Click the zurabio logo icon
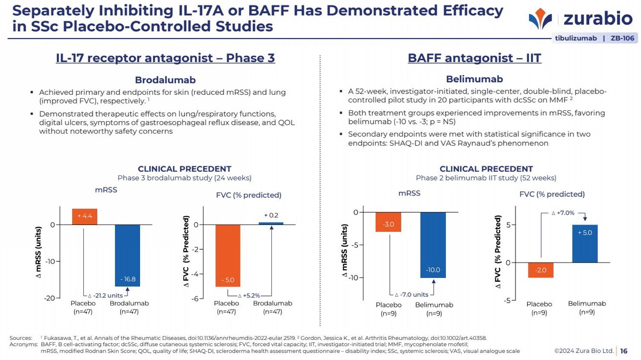tap(540, 19)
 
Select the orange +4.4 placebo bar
tap(85, 217)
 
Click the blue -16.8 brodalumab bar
tap(127, 255)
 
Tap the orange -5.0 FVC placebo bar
tap(228, 255)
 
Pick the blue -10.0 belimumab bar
tap(433, 245)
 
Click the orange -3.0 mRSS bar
tap(388, 222)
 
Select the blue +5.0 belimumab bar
tap(585, 243)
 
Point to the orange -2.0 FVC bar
tap(541, 270)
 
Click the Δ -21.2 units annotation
tap(106, 296)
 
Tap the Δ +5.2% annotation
tap(249, 296)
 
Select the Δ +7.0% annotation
tap(563, 213)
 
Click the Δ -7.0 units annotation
tap(411, 295)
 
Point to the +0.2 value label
tap(271, 215)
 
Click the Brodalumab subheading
tap(165, 80)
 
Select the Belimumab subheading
tap(474, 79)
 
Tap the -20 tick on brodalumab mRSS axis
tap(50, 298)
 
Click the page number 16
tap(624, 351)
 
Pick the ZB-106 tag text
tap(622, 38)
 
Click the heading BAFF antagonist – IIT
tap(474, 58)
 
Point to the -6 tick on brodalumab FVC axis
tap(195, 299)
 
